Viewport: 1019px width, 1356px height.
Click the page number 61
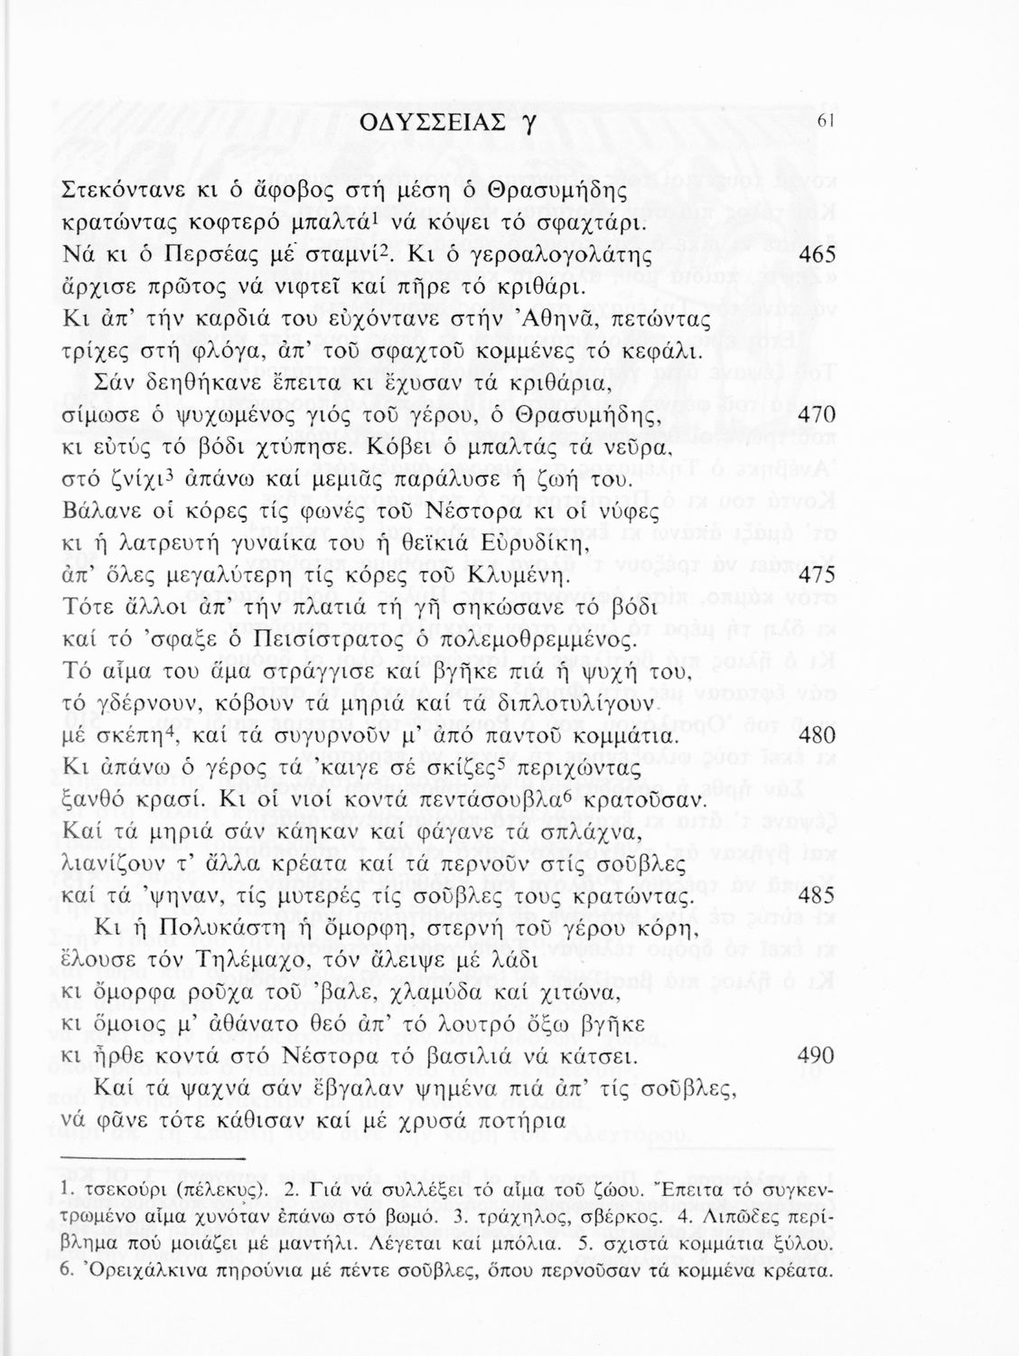(823, 123)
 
